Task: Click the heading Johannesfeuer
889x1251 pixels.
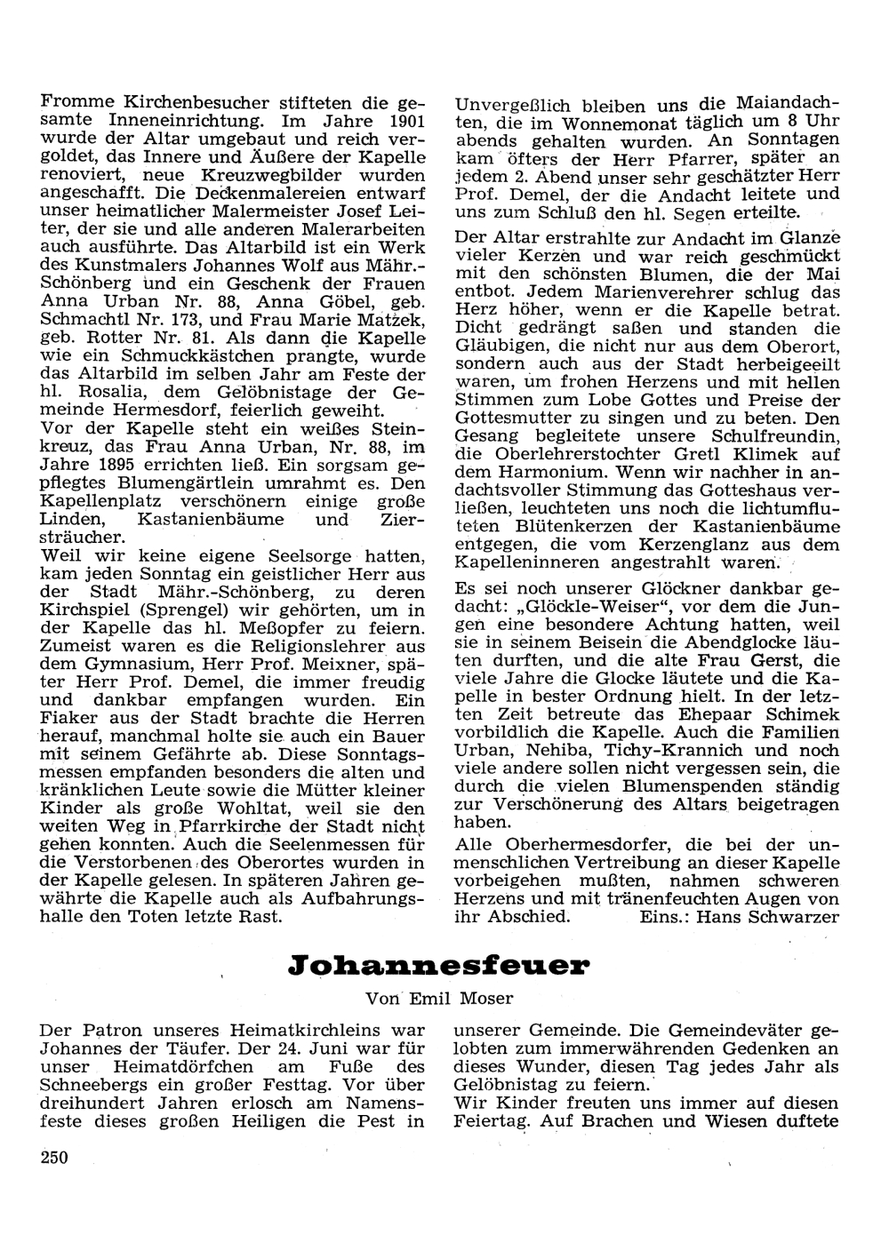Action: point(437,967)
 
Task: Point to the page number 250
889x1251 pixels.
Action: point(55,1156)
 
